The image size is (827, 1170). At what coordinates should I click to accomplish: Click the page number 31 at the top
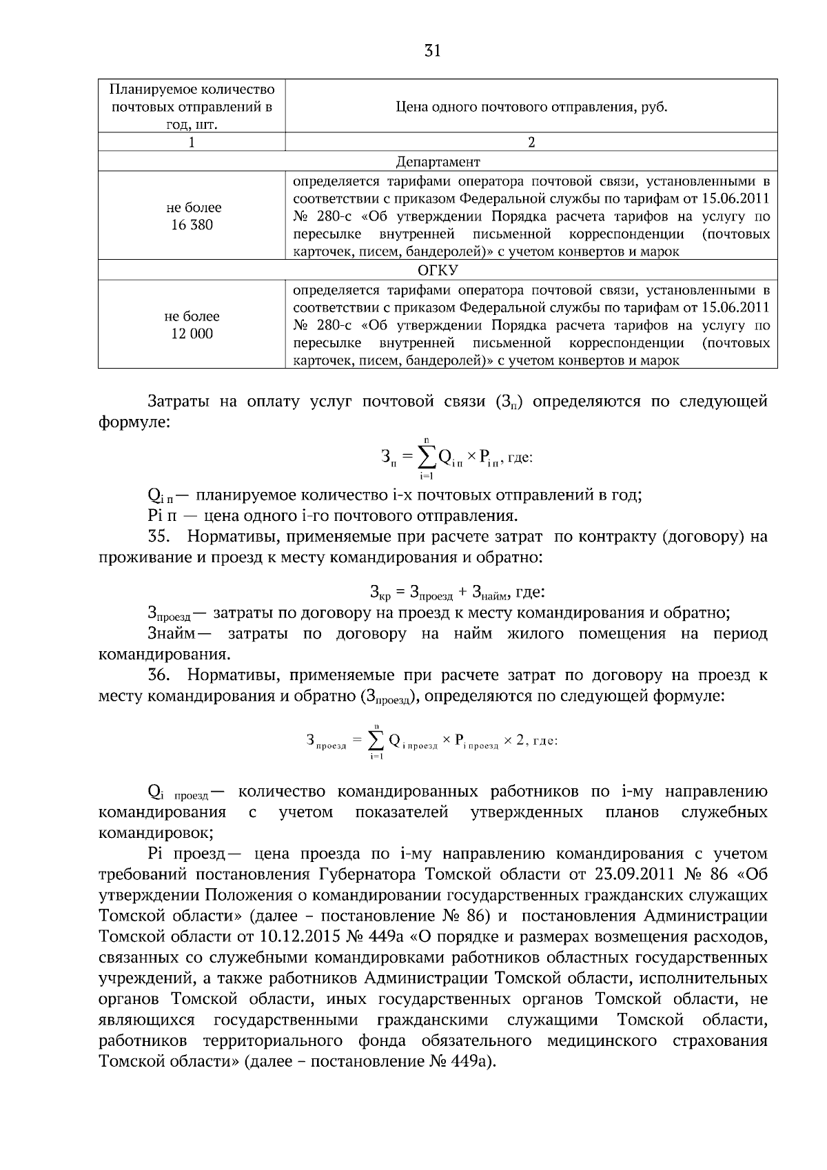[x=432, y=51]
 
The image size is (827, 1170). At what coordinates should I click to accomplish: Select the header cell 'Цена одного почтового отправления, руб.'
[x=531, y=107]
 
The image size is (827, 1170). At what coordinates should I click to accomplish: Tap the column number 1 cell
[x=192, y=142]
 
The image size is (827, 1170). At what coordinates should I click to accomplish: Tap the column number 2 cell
[x=531, y=142]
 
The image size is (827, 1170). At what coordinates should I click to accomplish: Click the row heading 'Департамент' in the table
[x=438, y=161]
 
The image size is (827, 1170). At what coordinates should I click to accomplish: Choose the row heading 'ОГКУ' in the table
[x=438, y=270]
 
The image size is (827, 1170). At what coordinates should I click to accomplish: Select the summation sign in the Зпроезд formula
[x=376, y=741]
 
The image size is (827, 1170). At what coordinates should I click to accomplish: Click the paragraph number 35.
[x=159, y=536]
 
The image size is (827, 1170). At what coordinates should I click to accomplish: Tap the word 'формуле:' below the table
[x=134, y=422]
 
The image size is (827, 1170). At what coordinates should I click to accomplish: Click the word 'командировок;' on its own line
[x=156, y=833]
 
